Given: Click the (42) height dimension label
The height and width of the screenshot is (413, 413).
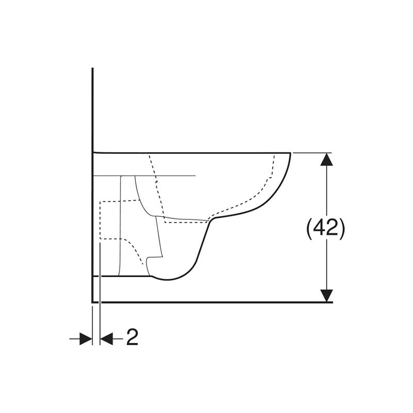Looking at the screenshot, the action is click(x=326, y=228).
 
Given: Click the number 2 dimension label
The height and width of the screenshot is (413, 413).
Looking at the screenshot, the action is click(x=132, y=338).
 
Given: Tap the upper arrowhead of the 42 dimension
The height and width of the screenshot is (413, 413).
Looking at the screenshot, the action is click(x=327, y=159).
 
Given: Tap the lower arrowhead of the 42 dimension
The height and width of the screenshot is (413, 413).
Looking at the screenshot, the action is click(x=327, y=295).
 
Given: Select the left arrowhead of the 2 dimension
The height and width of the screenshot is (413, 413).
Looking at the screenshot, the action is click(x=86, y=339).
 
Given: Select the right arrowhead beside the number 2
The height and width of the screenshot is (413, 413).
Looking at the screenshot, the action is click(x=107, y=339).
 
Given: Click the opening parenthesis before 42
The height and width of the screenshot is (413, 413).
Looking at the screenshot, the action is click(x=309, y=229).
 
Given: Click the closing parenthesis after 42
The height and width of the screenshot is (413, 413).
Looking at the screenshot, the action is click(x=342, y=229).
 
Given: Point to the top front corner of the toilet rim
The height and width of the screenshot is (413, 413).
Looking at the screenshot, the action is click(x=290, y=153).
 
